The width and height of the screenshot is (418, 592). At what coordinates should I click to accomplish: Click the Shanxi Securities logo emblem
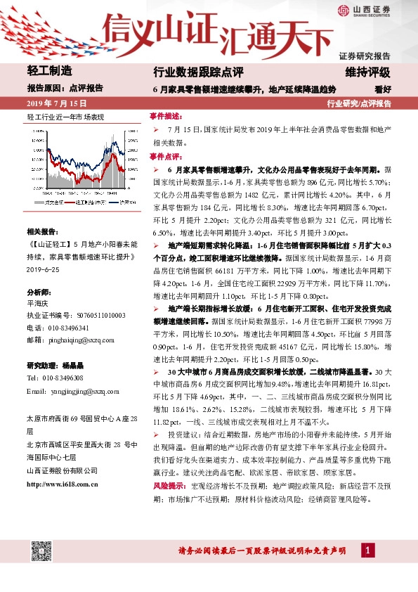coord(343,10)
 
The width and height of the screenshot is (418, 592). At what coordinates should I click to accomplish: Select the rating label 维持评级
coord(372,72)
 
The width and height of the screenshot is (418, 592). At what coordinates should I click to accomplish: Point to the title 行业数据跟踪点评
coord(198,72)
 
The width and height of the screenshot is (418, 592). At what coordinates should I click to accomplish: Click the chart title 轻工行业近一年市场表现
coord(65,116)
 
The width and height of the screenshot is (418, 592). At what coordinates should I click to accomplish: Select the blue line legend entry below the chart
coord(120,202)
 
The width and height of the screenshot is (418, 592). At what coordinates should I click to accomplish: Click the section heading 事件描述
coord(166,115)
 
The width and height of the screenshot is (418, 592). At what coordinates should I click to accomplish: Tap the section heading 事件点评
coord(166,157)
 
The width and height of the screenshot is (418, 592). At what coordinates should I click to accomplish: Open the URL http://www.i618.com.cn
coord(62,484)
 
